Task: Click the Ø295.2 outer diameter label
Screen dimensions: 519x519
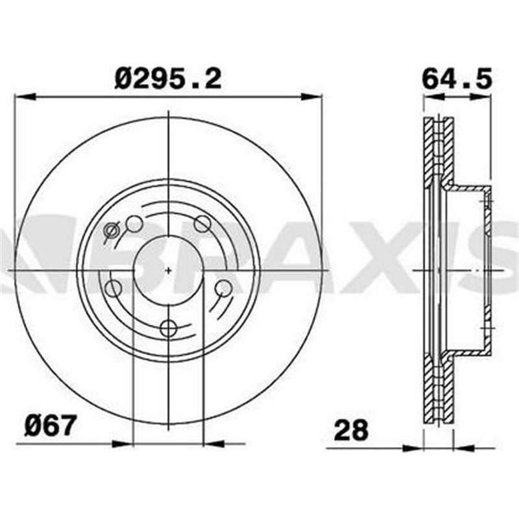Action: point(168,79)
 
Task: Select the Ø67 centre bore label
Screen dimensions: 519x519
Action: point(51,427)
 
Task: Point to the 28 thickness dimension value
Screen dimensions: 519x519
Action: point(350,429)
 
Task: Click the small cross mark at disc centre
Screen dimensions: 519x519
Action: point(168,269)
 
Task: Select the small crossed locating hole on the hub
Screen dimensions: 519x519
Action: point(112,229)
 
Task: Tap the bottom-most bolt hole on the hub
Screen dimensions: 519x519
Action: point(168,328)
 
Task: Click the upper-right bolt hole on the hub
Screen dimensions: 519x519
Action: point(202,224)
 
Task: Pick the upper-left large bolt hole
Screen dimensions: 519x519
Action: point(134,224)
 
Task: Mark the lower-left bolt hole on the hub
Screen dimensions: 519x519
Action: point(113,288)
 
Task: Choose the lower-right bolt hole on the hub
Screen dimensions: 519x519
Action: point(223,287)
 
